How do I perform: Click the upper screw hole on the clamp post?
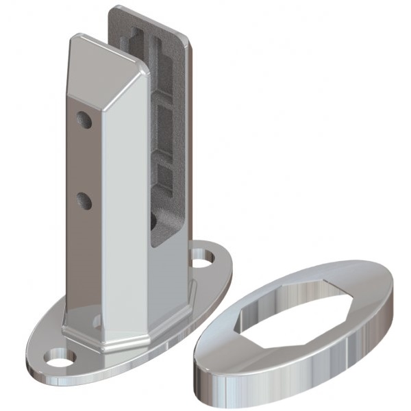click(85, 120)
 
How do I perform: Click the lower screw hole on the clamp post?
click(85, 199)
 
